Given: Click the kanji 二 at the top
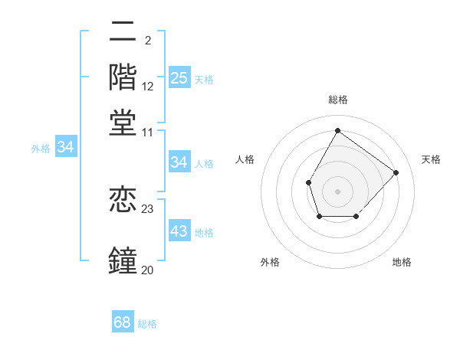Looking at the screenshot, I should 123,34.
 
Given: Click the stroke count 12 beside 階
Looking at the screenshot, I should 148,87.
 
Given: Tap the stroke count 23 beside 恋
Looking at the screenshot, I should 148,208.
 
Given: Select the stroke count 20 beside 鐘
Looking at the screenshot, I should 147,270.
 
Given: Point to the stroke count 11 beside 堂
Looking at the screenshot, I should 147,132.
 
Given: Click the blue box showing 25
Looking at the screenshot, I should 179,77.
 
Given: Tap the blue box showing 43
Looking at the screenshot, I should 179,231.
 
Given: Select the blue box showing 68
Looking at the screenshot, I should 122,322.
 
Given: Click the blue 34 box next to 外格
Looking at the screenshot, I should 65,147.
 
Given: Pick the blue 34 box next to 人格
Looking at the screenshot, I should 179,162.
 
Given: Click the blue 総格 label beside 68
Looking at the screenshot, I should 148,324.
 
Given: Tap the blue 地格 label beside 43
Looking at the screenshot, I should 205,233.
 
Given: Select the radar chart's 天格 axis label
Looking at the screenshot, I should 431,159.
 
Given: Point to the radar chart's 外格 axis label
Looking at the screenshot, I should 270,262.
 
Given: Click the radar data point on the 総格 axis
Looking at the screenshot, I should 337,130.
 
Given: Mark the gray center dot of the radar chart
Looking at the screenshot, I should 337,191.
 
